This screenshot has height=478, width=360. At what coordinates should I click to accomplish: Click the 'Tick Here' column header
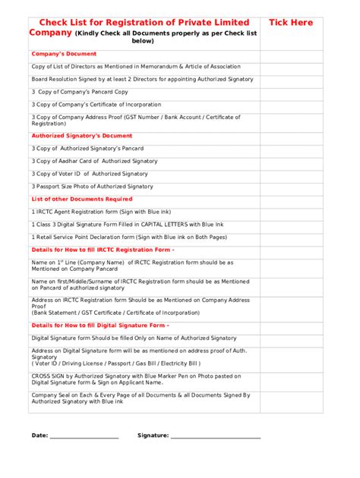[x=290, y=23]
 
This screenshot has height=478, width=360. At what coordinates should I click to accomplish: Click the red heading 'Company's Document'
[x=64, y=54]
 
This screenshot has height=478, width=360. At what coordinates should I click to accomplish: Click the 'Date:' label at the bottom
[x=39, y=436]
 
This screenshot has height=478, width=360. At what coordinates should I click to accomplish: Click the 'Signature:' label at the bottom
[x=153, y=436]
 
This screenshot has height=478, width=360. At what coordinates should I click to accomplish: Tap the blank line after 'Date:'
[x=84, y=437]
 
